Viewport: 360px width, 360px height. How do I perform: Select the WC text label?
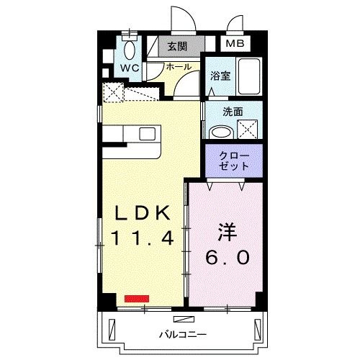(x=130, y=68)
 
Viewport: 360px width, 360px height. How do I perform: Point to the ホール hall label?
(x=179, y=66)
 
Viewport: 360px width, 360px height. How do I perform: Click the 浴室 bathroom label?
(x=219, y=76)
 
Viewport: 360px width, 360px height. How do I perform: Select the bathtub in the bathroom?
(x=249, y=75)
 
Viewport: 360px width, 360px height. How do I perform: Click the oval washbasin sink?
(x=220, y=132)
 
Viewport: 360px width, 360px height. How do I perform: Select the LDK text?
(x=141, y=214)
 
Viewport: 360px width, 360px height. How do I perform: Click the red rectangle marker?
(x=135, y=297)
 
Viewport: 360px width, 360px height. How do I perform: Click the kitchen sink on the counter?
(x=147, y=134)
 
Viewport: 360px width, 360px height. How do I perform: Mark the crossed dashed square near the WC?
(x=112, y=92)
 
